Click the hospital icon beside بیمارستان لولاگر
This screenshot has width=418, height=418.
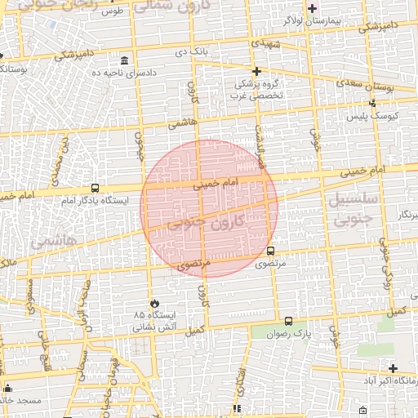[311, 7]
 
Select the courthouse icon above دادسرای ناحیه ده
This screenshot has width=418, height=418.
[124, 61]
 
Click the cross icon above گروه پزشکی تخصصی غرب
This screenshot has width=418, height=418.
[256, 71]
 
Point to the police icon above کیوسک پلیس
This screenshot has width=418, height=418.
[372, 104]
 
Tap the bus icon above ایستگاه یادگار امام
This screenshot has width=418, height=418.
[96, 188]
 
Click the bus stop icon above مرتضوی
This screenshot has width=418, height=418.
[271, 251]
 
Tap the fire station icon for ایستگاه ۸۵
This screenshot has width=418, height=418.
[153, 302]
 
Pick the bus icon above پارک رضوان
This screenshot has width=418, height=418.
[288, 321]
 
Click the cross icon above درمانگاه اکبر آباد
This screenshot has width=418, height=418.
[394, 369]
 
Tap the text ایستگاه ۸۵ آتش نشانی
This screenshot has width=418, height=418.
[153, 319]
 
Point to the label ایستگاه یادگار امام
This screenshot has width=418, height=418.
[91, 200]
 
